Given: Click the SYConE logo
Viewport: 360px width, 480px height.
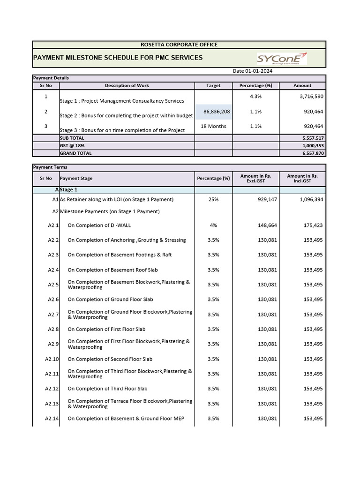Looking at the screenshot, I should pyautogui.click(x=282, y=58).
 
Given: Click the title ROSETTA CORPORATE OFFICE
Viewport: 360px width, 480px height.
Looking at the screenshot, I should pyautogui.click(x=179, y=45).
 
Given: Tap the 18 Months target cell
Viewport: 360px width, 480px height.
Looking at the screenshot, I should pyautogui.click(x=213, y=126).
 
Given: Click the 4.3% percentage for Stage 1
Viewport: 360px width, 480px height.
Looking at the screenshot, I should pyautogui.click(x=256, y=97).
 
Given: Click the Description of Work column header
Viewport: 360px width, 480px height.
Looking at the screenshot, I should pyautogui.click(x=127, y=86).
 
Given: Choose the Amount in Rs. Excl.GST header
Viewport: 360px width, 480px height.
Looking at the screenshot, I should pyautogui.click(x=255, y=178).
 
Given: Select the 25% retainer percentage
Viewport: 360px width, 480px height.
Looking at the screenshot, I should pyautogui.click(x=213, y=200).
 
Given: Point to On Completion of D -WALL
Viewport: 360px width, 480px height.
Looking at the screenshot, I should pyautogui.click(x=99, y=225).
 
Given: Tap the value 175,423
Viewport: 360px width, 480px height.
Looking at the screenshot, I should pyautogui.click(x=313, y=225).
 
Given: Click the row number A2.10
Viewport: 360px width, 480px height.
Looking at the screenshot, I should pyautogui.click(x=52, y=360).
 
